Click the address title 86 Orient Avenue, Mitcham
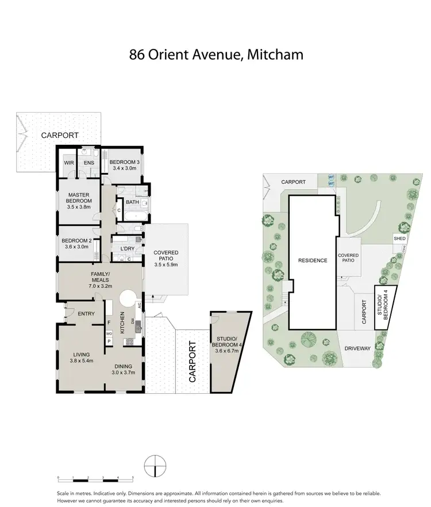pos(215,55)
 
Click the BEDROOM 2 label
pos(76,243)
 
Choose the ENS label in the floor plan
pos(88,163)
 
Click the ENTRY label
pos(86,313)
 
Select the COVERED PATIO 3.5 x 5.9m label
pos(166,259)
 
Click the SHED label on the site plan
pos(399,237)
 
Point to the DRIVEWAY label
pos(357,348)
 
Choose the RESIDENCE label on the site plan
pos(313,260)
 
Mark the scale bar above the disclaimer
pos(95,477)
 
